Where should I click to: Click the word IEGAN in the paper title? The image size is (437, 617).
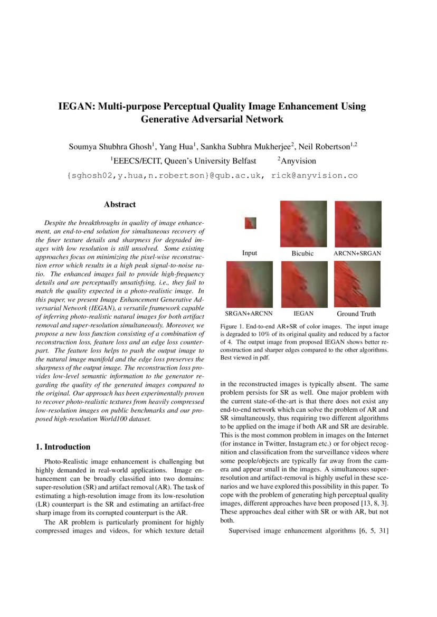pyautogui.click(x=74, y=107)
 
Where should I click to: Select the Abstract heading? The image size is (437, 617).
pyautogui.click(x=120, y=204)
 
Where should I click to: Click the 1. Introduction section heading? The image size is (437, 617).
pyautogui.click(x=63, y=447)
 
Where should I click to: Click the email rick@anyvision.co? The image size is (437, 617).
pyautogui.click(x=315, y=175)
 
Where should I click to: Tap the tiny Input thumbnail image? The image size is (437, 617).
pyautogui.click(x=250, y=223)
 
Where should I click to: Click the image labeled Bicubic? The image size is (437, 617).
pyautogui.click(x=302, y=223)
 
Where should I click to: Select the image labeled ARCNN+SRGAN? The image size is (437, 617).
pyautogui.click(x=357, y=223)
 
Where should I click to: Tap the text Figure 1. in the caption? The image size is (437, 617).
pyautogui.click(x=233, y=327)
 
